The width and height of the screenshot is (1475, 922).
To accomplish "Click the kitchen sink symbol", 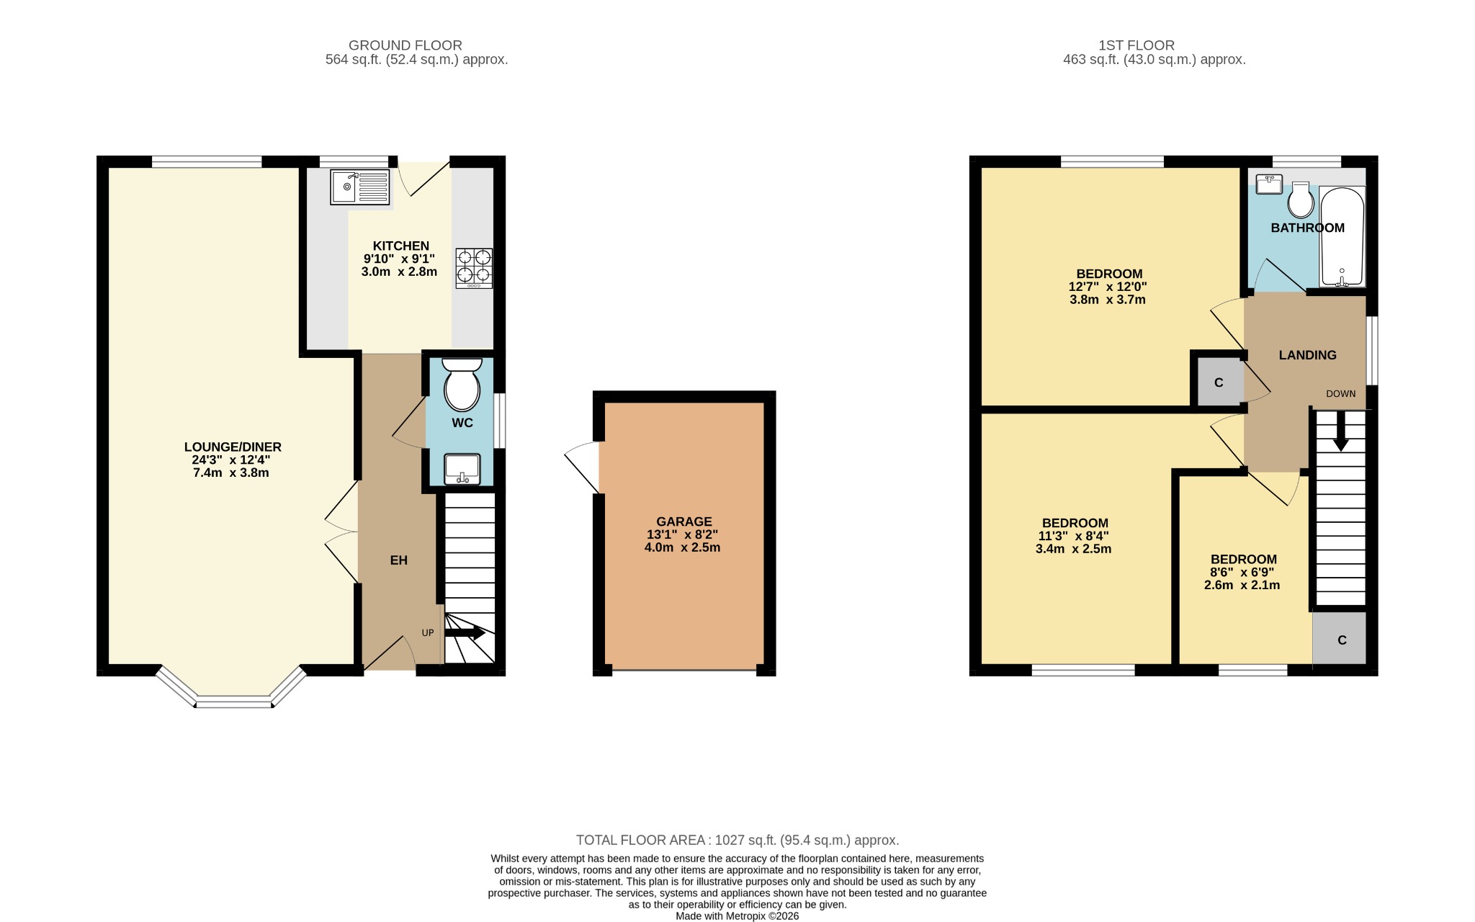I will pyautogui.click(x=360, y=187).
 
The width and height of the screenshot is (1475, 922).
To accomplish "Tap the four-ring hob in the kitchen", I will pyautogui.click(x=474, y=268).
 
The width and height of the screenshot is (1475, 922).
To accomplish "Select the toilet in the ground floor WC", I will pyautogui.click(x=462, y=385).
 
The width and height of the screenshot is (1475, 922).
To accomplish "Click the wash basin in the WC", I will pyautogui.click(x=462, y=469).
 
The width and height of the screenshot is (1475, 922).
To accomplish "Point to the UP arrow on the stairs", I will pyautogui.click(x=465, y=633).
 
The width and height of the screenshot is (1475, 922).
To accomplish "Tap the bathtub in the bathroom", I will pyautogui.click(x=1342, y=237).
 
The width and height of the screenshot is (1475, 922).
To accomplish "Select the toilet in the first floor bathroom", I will pyautogui.click(x=1300, y=200).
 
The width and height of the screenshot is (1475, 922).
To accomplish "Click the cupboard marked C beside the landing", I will pyautogui.click(x=1218, y=382).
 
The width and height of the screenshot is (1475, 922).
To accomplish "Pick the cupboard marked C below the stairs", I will pyautogui.click(x=1341, y=640).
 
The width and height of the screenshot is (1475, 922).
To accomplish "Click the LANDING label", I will pyautogui.click(x=1307, y=355).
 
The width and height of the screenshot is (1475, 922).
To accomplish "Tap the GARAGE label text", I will pyautogui.click(x=683, y=522).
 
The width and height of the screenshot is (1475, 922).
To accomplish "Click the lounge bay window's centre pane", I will pyautogui.click(x=233, y=701).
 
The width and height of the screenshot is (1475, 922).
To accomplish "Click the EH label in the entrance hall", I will pyautogui.click(x=398, y=560).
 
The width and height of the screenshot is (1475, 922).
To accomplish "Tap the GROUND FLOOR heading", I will pyautogui.click(x=405, y=45).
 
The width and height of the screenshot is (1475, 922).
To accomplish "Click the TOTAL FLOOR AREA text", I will pyautogui.click(x=737, y=840).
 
